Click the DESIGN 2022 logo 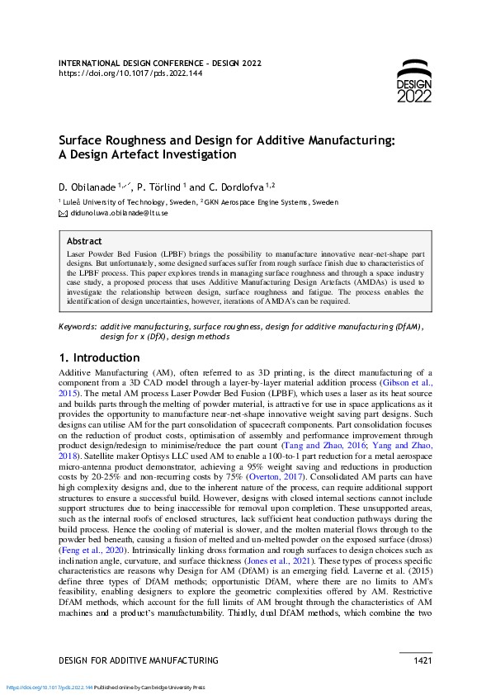click(x=413, y=81)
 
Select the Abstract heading click(x=84, y=242)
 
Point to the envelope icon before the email click(x=63, y=213)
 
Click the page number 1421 click(x=422, y=660)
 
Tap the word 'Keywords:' click(x=78, y=328)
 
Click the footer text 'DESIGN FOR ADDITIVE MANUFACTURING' click(x=139, y=660)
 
